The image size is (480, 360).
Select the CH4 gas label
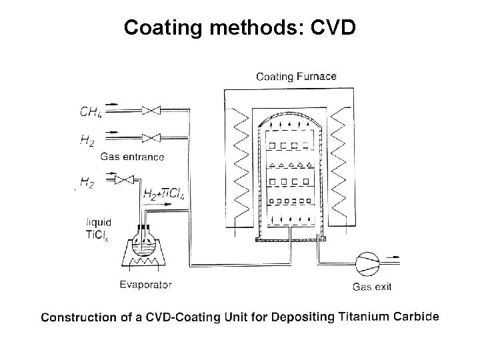[91, 111]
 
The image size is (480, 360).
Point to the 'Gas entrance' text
[132, 157]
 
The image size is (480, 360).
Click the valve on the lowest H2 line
[124, 178]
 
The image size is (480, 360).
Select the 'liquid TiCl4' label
[99, 228]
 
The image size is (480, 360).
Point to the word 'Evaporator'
[145, 285]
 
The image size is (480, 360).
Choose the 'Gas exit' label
[371, 287]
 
